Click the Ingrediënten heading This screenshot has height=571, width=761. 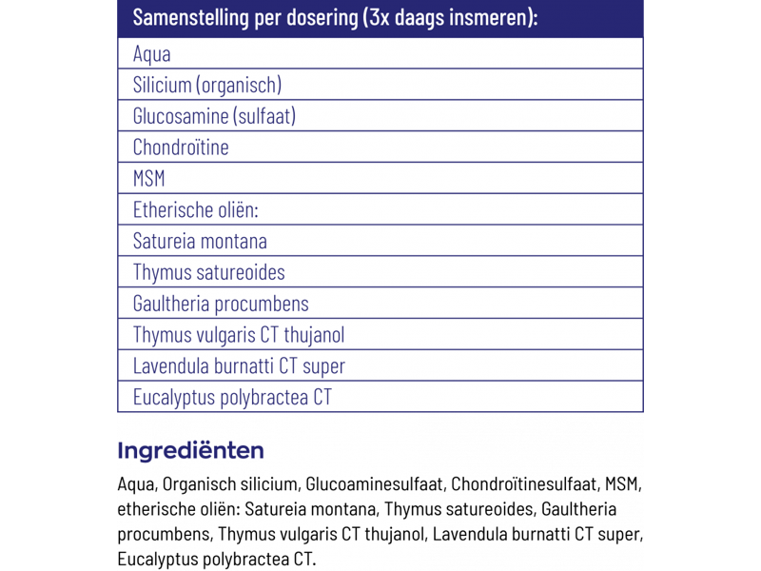click(190, 450)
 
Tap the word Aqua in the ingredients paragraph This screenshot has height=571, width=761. click(135, 485)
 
